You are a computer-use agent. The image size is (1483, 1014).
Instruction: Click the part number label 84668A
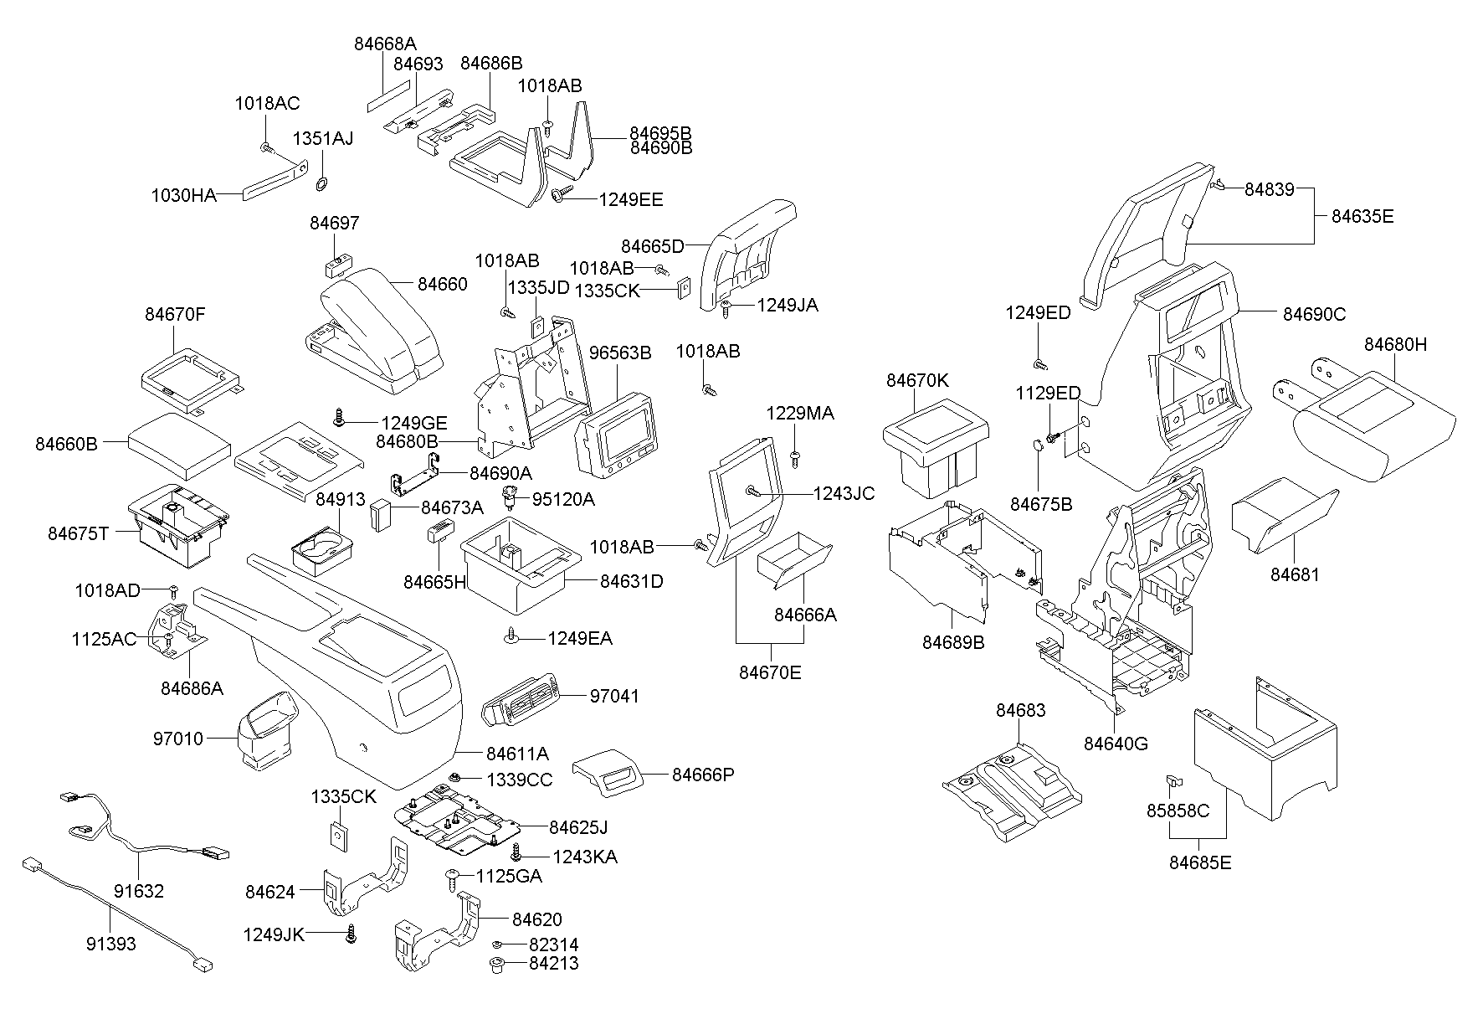385,44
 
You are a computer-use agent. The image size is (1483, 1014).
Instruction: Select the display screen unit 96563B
618,440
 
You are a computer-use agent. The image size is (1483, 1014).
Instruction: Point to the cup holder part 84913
321,552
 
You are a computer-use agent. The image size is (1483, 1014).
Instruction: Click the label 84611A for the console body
518,754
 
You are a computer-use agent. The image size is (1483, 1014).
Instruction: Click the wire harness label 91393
110,944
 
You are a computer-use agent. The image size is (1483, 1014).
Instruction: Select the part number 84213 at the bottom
553,964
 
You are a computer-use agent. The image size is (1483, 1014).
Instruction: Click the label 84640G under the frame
1116,744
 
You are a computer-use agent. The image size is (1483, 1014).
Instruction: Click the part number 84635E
1362,216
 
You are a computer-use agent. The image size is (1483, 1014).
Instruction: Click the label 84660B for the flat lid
66,444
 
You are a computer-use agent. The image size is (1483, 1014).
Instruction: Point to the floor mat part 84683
1013,795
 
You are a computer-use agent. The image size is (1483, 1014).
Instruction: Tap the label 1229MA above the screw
800,414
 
